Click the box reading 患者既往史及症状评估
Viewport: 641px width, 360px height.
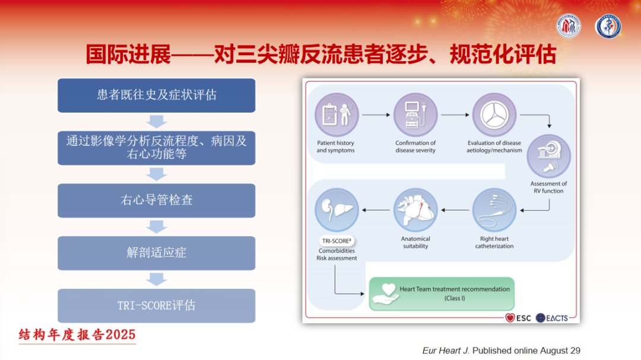[157, 95]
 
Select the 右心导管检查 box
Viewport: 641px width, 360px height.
[157, 200]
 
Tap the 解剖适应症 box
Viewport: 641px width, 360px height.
[157, 253]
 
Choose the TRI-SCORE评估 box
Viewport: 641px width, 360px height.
[157, 305]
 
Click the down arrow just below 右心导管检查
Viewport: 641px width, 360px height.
[157, 227]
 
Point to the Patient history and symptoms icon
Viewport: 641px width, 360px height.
[337, 115]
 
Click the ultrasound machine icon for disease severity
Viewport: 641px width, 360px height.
[415, 115]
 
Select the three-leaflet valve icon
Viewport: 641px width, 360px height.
[494, 115]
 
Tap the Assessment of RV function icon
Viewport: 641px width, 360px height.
[548, 156]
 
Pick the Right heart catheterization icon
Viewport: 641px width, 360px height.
[494, 210]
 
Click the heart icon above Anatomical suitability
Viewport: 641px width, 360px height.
[415, 210]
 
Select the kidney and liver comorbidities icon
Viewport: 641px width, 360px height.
[337, 210]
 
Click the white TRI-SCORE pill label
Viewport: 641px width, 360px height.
[337, 241]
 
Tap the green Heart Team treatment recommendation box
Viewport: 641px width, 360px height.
[442, 294]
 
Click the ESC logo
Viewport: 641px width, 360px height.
[518, 318]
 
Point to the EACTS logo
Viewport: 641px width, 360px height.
[552, 318]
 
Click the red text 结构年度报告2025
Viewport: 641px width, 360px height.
[77, 334]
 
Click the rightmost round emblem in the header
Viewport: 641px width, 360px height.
[608, 26]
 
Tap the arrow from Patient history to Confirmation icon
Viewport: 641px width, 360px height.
[376, 115]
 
